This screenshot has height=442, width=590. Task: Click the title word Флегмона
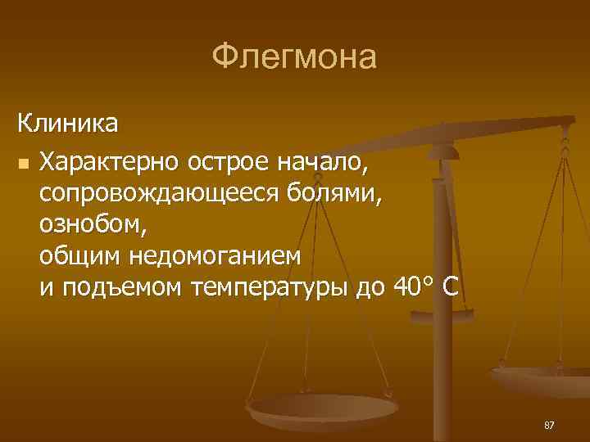point(294,57)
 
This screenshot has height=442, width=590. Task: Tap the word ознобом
point(88,224)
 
